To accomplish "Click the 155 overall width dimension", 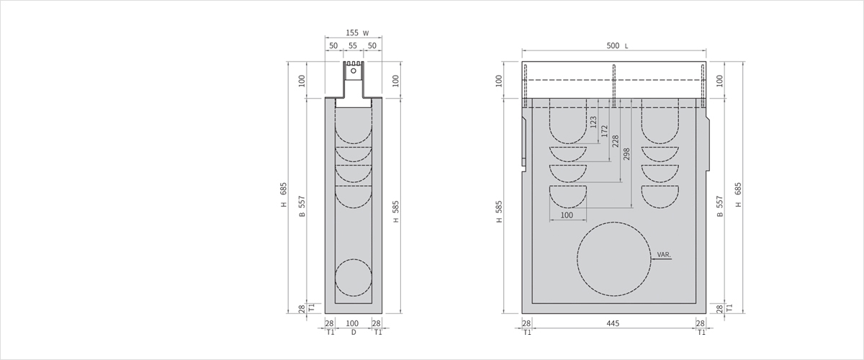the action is pyautogui.click(x=352, y=33).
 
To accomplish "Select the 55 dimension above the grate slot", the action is pyautogui.click(x=353, y=45).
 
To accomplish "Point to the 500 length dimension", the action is pyautogui.click(x=613, y=46).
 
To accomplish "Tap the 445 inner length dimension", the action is pyautogui.click(x=613, y=323).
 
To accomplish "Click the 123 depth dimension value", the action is pyautogui.click(x=593, y=122).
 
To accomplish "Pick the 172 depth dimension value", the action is pyautogui.click(x=604, y=131).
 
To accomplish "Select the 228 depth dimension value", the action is pyautogui.click(x=616, y=141).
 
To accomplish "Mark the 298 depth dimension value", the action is pyautogui.click(x=626, y=154).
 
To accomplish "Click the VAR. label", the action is pyautogui.click(x=664, y=255).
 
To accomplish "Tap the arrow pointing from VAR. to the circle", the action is pyautogui.click(x=661, y=259).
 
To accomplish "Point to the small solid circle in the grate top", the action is pyautogui.click(x=354, y=71).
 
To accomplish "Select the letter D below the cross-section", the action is pyautogui.click(x=354, y=332).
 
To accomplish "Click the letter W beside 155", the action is pyautogui.click(x=366, y=34).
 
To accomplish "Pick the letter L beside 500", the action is pyautogui.click(x=626, y=46).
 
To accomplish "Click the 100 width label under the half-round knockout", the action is pyautogui.click(x=567, y=215).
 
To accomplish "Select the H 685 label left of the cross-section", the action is pyautogui.click(x=284, y=195).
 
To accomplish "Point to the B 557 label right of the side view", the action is pyautogui.click(x=720, y=207).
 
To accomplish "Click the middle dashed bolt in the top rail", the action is pyautogui.click(x=614, y=86).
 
